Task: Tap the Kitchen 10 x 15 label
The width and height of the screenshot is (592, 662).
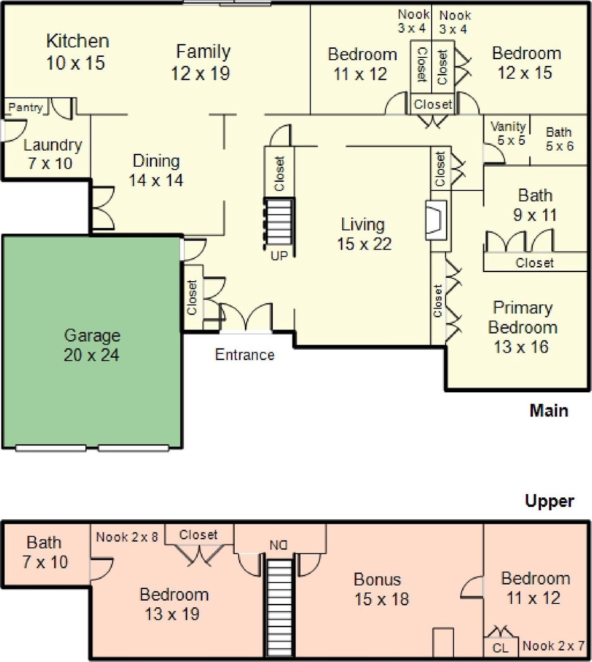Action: [x=76, y=52]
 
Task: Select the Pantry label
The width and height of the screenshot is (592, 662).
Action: [x=25, y=107]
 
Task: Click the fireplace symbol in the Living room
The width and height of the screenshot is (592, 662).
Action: [x=435, y=220]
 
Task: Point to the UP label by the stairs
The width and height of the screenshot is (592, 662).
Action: [x=279, y=256]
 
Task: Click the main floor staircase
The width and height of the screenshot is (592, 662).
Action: [x=279, y=222]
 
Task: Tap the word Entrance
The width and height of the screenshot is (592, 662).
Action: [x=245, y=355]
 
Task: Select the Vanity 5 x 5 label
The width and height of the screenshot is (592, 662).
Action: [x=509, y=133]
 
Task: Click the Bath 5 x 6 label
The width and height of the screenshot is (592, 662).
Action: [x=559, y=139]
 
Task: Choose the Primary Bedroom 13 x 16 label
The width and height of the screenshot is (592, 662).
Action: [x=522, y=327]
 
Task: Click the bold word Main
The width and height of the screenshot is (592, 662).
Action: [x=549, y=410]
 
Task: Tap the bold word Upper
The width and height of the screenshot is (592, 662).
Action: [x=549, y=501]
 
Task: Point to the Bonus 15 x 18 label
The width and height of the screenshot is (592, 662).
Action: [x=381, y=589]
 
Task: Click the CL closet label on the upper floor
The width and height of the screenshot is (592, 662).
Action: [x=501, y=648]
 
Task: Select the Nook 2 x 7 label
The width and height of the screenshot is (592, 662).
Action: [x=553, y=646]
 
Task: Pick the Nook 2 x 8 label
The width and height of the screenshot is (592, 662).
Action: [x=127, y=537]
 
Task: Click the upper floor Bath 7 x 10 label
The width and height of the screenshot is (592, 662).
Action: [x=45, y=552]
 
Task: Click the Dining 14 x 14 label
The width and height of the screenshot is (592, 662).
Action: [x=156, y=170]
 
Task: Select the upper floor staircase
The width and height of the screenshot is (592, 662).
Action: [x=279, y=608]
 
